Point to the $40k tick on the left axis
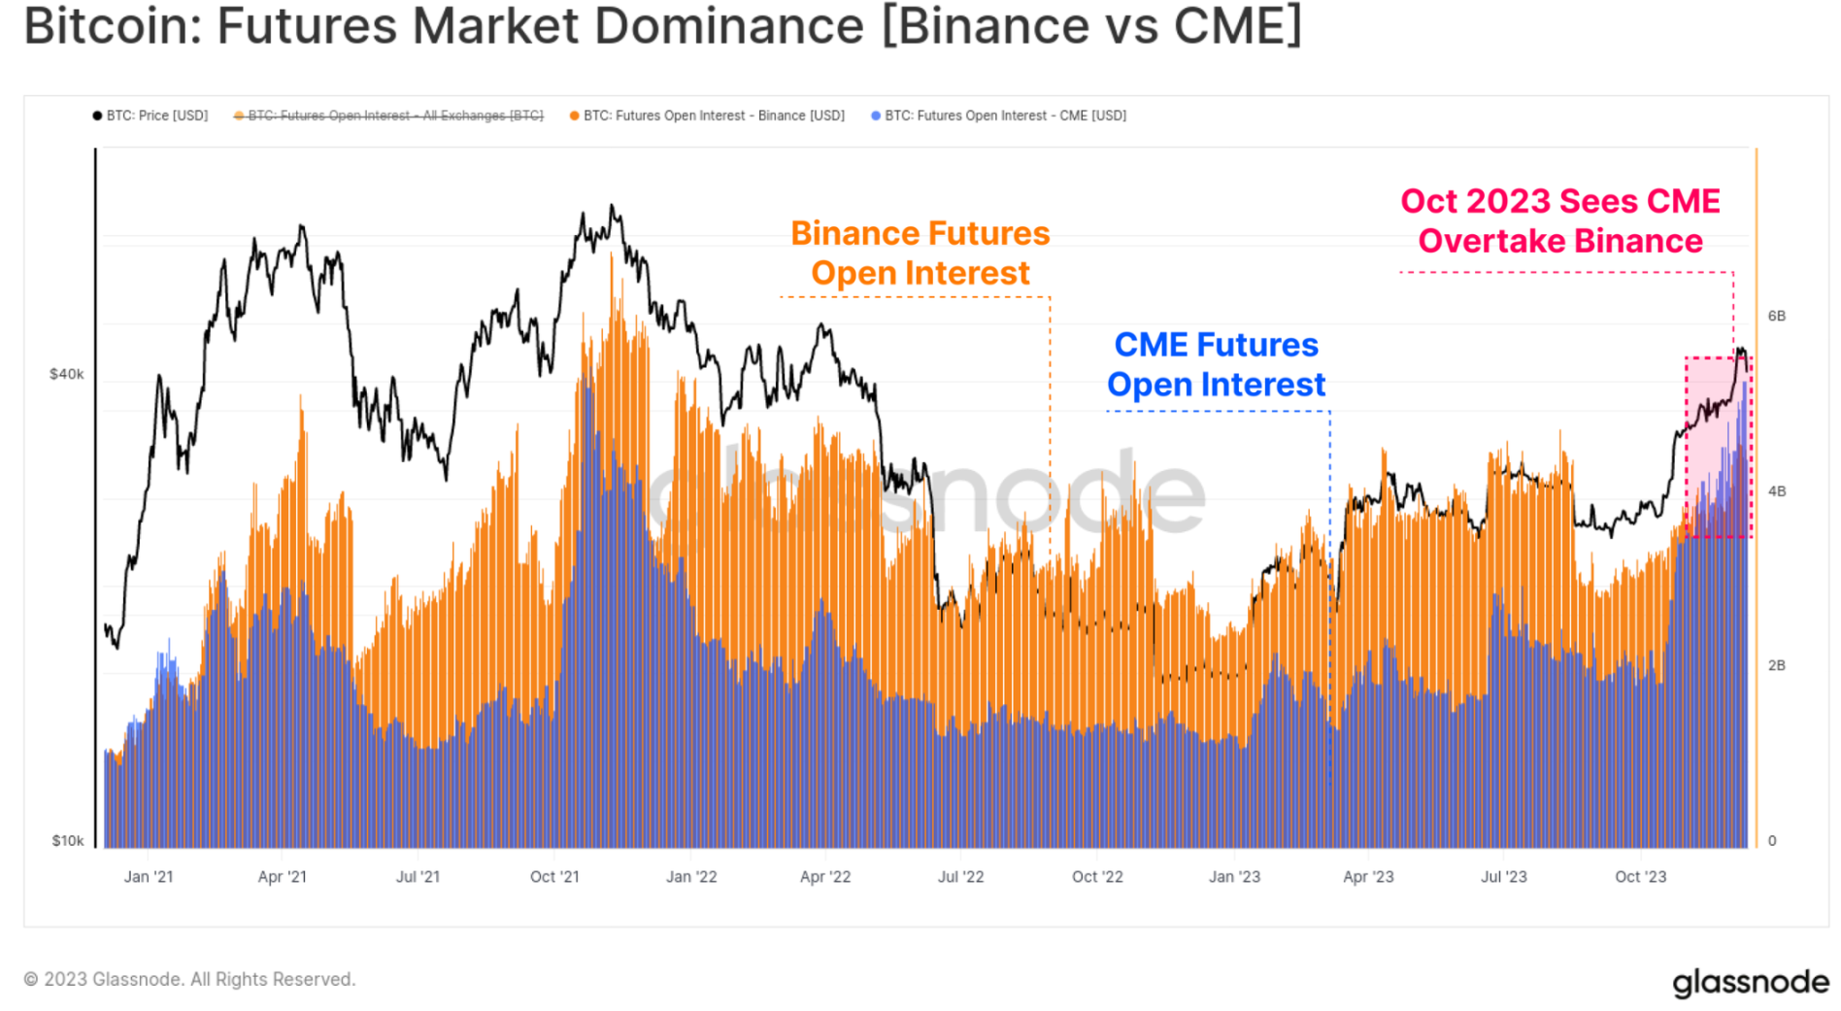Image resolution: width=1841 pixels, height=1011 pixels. click(67, 374)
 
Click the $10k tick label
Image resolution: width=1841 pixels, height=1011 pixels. click(67, 840)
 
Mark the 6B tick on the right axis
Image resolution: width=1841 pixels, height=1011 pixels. click(1776, 316)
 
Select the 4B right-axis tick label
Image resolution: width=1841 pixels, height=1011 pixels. click(1776, 490)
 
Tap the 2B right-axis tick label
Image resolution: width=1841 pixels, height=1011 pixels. click(1776, 665)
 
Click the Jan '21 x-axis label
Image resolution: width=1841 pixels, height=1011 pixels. click(149, 876)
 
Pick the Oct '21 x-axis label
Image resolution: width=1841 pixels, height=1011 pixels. click(554, 876)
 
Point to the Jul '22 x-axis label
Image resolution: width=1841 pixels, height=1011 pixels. click(960, 876)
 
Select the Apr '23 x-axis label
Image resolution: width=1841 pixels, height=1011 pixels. click(1367, 876)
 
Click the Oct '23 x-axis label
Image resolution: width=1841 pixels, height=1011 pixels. click(1640, 876)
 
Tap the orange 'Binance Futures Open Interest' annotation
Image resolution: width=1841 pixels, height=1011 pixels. click(920, 253)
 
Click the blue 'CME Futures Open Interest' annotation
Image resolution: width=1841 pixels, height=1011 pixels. click(1216, 364)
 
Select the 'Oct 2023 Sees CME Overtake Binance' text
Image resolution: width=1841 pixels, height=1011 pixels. click(1559, 220)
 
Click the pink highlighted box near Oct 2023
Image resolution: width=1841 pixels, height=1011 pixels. click(1718, 447)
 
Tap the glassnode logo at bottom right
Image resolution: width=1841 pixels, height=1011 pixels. click(1750, 982)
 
